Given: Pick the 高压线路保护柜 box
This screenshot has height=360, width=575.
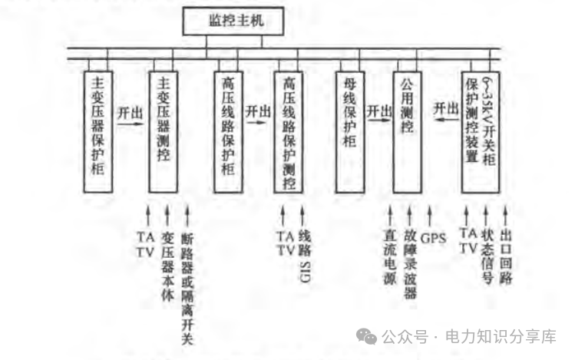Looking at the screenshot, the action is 228,130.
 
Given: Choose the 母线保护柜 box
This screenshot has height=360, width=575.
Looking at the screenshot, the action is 350,130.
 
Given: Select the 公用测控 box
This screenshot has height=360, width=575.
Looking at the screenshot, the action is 408,130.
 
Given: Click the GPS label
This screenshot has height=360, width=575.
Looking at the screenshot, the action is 435,239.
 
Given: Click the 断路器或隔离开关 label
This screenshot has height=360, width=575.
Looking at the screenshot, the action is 187,289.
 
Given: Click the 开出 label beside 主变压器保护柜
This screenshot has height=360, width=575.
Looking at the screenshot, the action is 130,111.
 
